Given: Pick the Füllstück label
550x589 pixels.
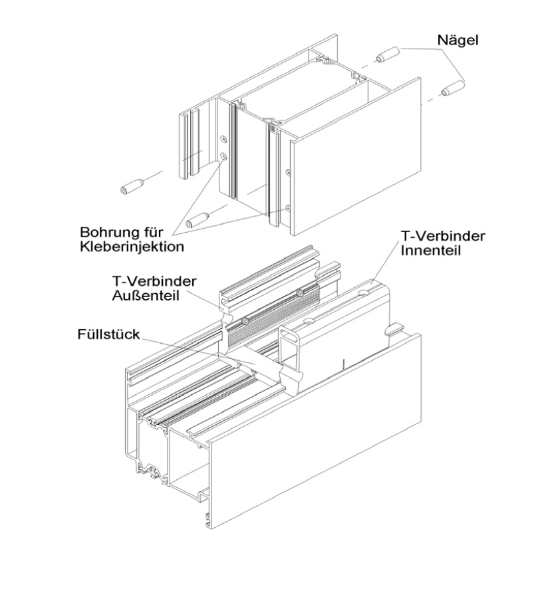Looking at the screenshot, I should point(107,334).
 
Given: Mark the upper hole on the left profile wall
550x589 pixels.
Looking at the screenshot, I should point(223,138).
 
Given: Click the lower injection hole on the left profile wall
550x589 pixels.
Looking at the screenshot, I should point(224,158).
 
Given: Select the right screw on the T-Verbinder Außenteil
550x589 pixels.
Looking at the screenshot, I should point(301,293).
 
